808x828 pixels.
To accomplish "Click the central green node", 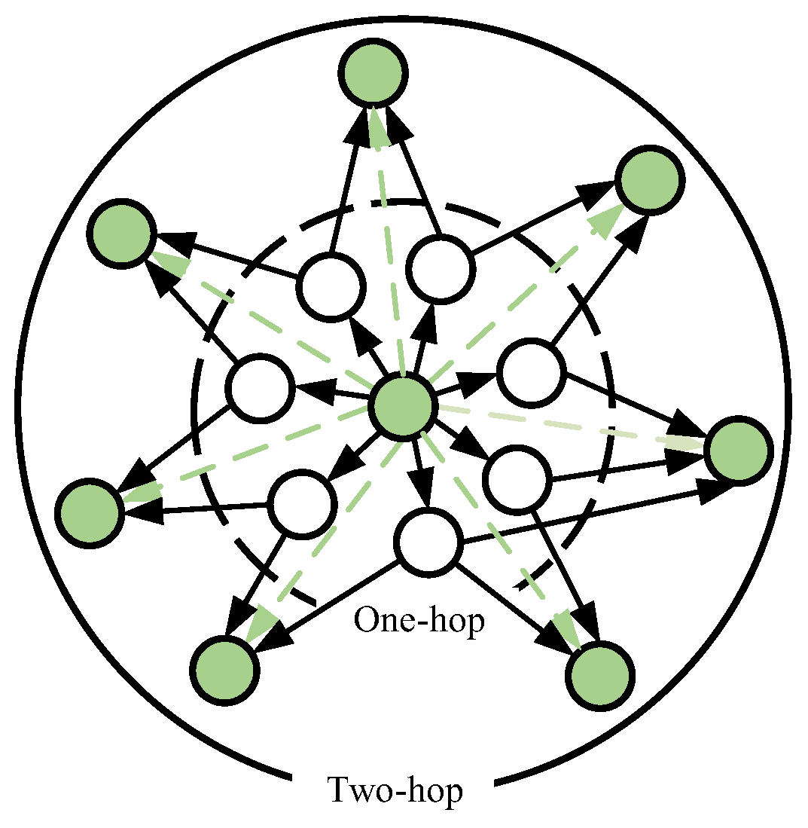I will (404, 406).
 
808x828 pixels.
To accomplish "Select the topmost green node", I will (374, 72).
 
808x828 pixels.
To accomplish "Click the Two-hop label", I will (395, 790).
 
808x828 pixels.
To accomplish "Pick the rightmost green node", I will (739, 451).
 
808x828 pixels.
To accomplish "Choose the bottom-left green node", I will (224, 670).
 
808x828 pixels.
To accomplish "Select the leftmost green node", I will (90, 513).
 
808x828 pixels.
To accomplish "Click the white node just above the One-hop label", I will (428, 541).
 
